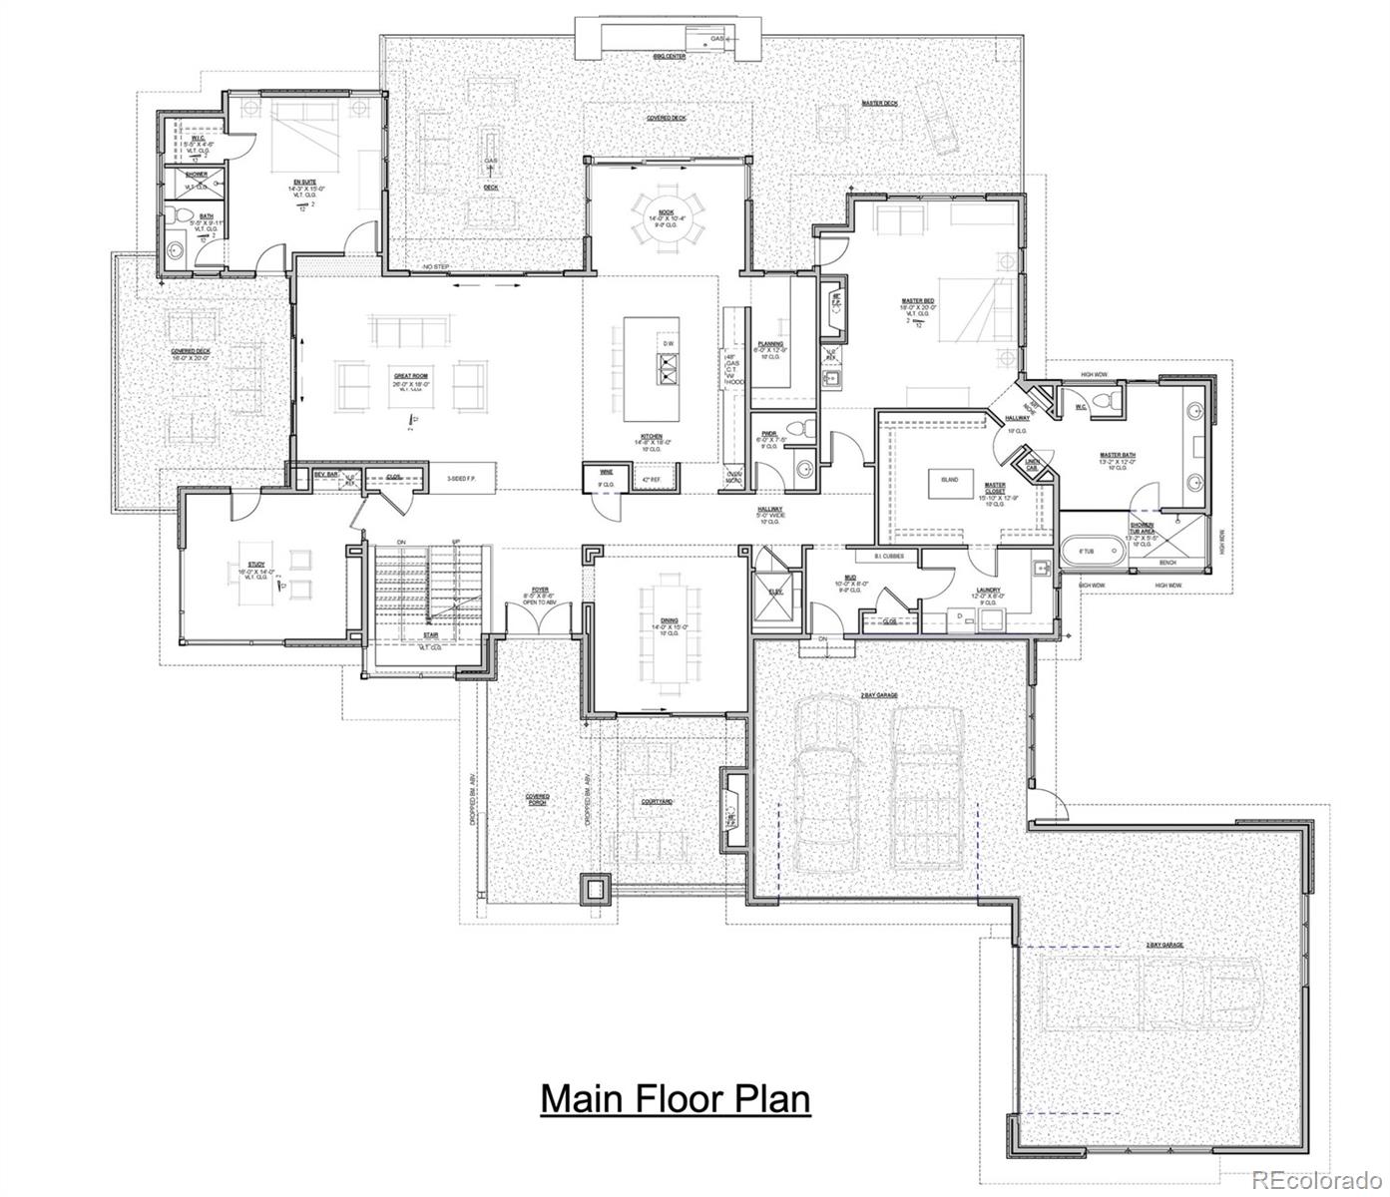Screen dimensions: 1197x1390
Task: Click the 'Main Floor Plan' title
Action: coord(676,1098)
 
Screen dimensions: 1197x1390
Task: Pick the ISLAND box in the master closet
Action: coord(949,480)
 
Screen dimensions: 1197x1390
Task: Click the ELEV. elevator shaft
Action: coord(775,589)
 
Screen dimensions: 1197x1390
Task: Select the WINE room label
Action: coord(605,471)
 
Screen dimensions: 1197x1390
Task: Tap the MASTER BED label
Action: coord(918,302)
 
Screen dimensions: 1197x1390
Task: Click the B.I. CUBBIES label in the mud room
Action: coord(889,556)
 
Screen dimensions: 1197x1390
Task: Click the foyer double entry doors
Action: coord(540,621)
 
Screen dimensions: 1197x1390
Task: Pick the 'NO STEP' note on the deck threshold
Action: coord(435,267)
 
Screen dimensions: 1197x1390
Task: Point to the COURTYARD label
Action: coord(657,801)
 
